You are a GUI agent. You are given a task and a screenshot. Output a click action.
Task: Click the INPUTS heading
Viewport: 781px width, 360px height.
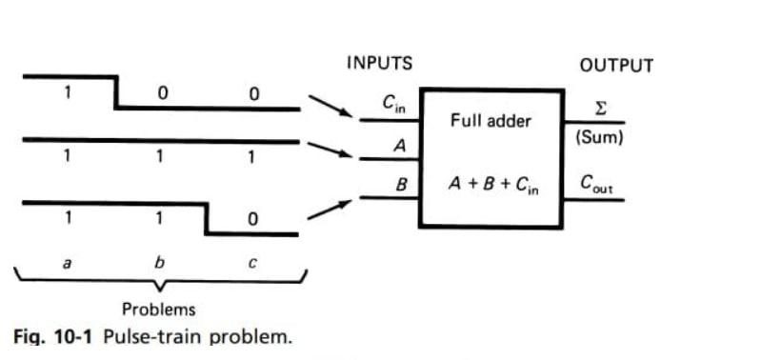point(379,65)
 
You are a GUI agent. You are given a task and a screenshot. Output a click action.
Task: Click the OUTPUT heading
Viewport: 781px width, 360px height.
point(616,66)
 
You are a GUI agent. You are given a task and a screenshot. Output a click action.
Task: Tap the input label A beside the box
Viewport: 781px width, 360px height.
point(400,146)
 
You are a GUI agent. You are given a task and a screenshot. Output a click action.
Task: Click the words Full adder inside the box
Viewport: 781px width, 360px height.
point(491,122)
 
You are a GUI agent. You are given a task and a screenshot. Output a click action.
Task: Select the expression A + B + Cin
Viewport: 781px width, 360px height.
point(492,185)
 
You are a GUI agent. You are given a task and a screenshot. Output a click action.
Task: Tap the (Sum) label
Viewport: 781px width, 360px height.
point(600,137)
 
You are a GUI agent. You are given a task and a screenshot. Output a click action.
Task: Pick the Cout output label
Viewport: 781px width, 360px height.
point(599,183)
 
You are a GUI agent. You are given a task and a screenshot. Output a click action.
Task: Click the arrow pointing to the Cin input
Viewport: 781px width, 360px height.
point(330,108)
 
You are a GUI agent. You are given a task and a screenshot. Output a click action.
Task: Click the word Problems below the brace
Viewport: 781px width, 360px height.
point(159,310)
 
